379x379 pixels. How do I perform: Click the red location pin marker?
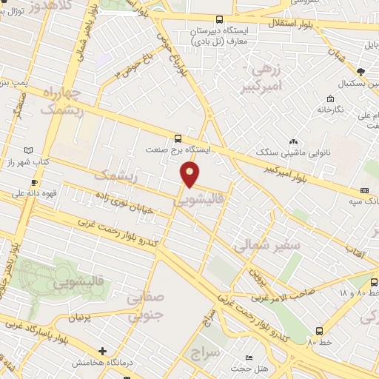[x=190, y=175]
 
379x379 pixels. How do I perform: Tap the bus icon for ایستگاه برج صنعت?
[x=178, y=138]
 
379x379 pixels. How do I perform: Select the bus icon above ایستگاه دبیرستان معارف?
[x=218, y=20]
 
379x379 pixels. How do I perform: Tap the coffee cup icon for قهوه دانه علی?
[x=33, y=182]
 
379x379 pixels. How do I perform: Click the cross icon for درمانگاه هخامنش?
[x=102, y=351]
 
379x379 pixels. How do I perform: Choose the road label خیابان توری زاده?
[x=125, y=201]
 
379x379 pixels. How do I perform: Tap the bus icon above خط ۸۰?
[x=318, y=331]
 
